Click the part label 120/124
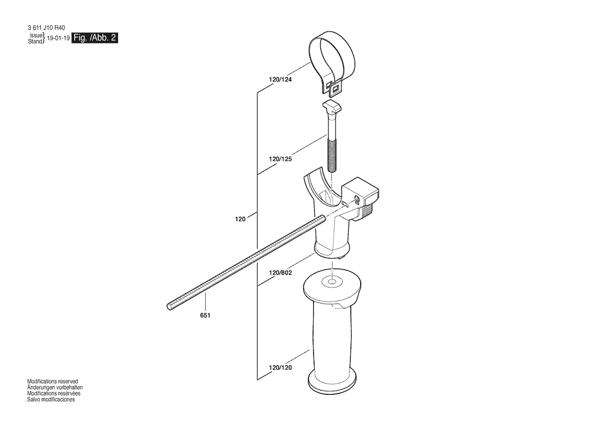tap(280, 80)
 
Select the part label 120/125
tap(280, 159)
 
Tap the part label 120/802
tap(280, 273)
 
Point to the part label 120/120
tap(280, 368)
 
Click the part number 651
tap(205, 315)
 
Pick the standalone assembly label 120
tap(240, 219)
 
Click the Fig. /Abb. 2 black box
tap(95, 38)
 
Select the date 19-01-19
tap(58, 38)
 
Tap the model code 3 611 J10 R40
tap(46, 28)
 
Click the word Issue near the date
tap(36, 35)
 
